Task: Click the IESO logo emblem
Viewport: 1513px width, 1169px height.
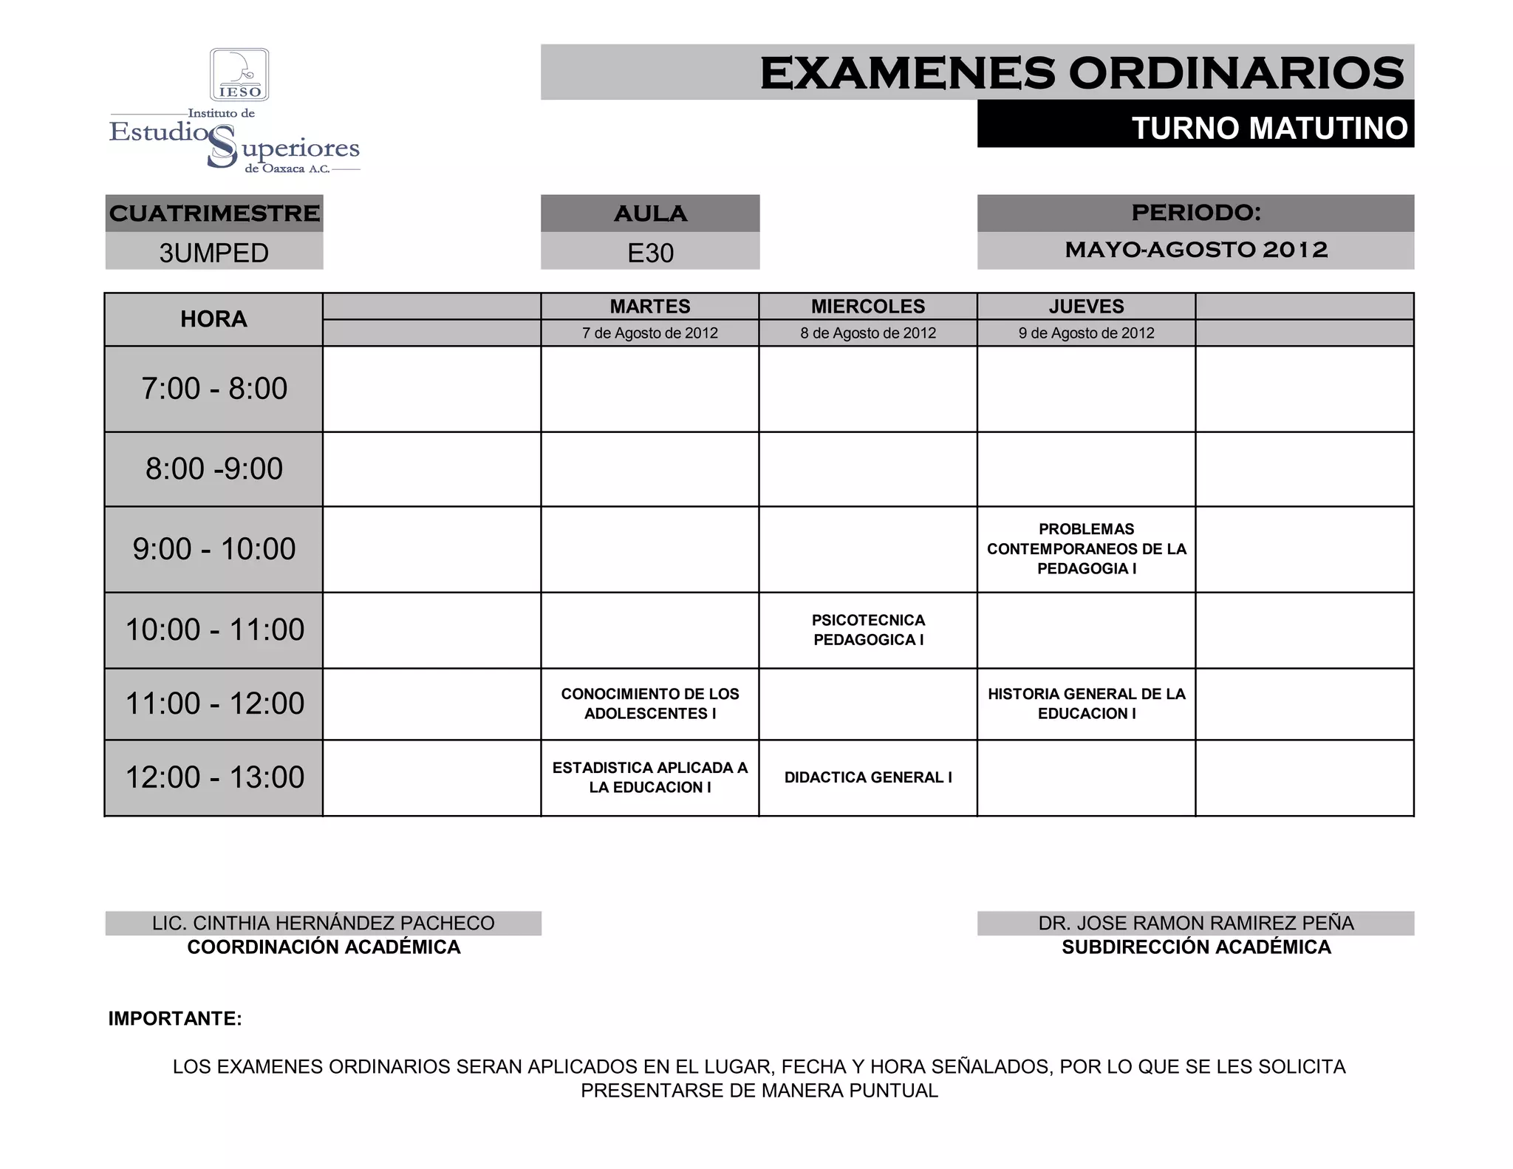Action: tap(239, 75)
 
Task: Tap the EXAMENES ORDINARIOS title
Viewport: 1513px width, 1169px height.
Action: tap(1082, 73)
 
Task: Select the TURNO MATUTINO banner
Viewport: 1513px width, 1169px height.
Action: tap(1269, 128)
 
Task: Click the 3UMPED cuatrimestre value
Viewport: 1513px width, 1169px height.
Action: tap(214, 253)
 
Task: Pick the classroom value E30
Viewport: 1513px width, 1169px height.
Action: tap(650, 253)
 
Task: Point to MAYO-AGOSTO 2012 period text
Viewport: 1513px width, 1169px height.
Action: tap(1196, 250)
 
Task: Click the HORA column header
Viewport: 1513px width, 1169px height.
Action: tap(214, 319)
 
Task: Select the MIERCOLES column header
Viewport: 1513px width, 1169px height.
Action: tap(868, 306)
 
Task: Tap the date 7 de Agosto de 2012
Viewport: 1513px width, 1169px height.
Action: tap(650, 333)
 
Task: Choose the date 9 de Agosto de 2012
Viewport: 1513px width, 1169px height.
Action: tap(1086, 333)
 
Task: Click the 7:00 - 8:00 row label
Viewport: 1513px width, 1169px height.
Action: tap(214, 389)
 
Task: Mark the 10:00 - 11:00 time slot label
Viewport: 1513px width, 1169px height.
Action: tap(214, 630)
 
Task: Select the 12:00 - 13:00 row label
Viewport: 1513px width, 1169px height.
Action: tap(214, 777)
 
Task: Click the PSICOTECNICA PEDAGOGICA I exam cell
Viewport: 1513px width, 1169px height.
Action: tap(868, 630)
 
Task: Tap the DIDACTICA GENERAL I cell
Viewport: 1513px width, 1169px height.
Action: tap(868, 777)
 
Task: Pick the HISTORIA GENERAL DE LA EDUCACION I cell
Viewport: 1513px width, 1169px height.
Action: tap(1086, 703)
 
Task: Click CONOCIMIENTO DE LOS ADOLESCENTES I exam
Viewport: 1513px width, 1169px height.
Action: tap(650, 703)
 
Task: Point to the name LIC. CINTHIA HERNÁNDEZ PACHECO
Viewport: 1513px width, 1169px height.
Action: tap(324, 923)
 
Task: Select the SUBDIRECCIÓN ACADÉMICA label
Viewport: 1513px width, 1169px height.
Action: tap(1196, 947)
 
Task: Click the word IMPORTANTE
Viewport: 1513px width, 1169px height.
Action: tap(175, 1018)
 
